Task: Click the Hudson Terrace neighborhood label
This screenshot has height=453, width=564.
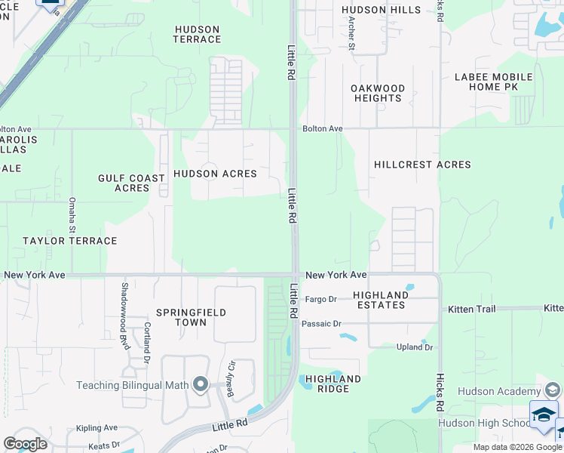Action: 197,34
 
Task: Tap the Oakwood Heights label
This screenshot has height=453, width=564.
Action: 378,93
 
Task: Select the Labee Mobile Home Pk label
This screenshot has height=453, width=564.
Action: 493,82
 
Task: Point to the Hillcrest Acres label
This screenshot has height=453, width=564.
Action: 422,165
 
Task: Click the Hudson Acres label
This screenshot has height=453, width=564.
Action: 215,174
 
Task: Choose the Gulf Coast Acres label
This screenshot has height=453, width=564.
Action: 131,183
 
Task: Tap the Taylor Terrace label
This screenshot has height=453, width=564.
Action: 69,241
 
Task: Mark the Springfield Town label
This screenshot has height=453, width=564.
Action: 181,317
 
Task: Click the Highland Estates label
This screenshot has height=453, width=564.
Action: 381,300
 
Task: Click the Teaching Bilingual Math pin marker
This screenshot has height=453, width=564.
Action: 201,385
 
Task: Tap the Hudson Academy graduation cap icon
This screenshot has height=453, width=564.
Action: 553,390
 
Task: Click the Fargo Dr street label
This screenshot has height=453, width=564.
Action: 321,300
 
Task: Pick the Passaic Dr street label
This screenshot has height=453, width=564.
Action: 322,324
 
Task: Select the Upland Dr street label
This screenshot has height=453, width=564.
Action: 415,347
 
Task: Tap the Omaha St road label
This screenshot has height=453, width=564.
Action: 73,214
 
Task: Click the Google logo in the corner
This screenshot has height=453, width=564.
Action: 25,444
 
